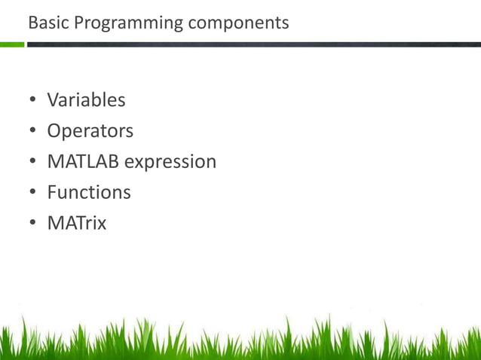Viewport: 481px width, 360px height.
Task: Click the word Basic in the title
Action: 44,23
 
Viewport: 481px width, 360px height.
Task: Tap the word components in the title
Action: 238,23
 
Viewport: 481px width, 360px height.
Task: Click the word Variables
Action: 86,99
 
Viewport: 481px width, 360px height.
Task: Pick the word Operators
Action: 90,130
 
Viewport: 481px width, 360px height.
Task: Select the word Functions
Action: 89,192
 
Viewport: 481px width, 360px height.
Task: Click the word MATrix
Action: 76,223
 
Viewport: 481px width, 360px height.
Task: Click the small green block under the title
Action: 12,44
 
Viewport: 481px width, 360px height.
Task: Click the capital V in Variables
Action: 54,99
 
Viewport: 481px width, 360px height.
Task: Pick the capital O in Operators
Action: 54,130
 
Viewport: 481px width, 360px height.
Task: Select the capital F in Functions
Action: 52,192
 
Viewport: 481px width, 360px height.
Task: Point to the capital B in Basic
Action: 32,23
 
